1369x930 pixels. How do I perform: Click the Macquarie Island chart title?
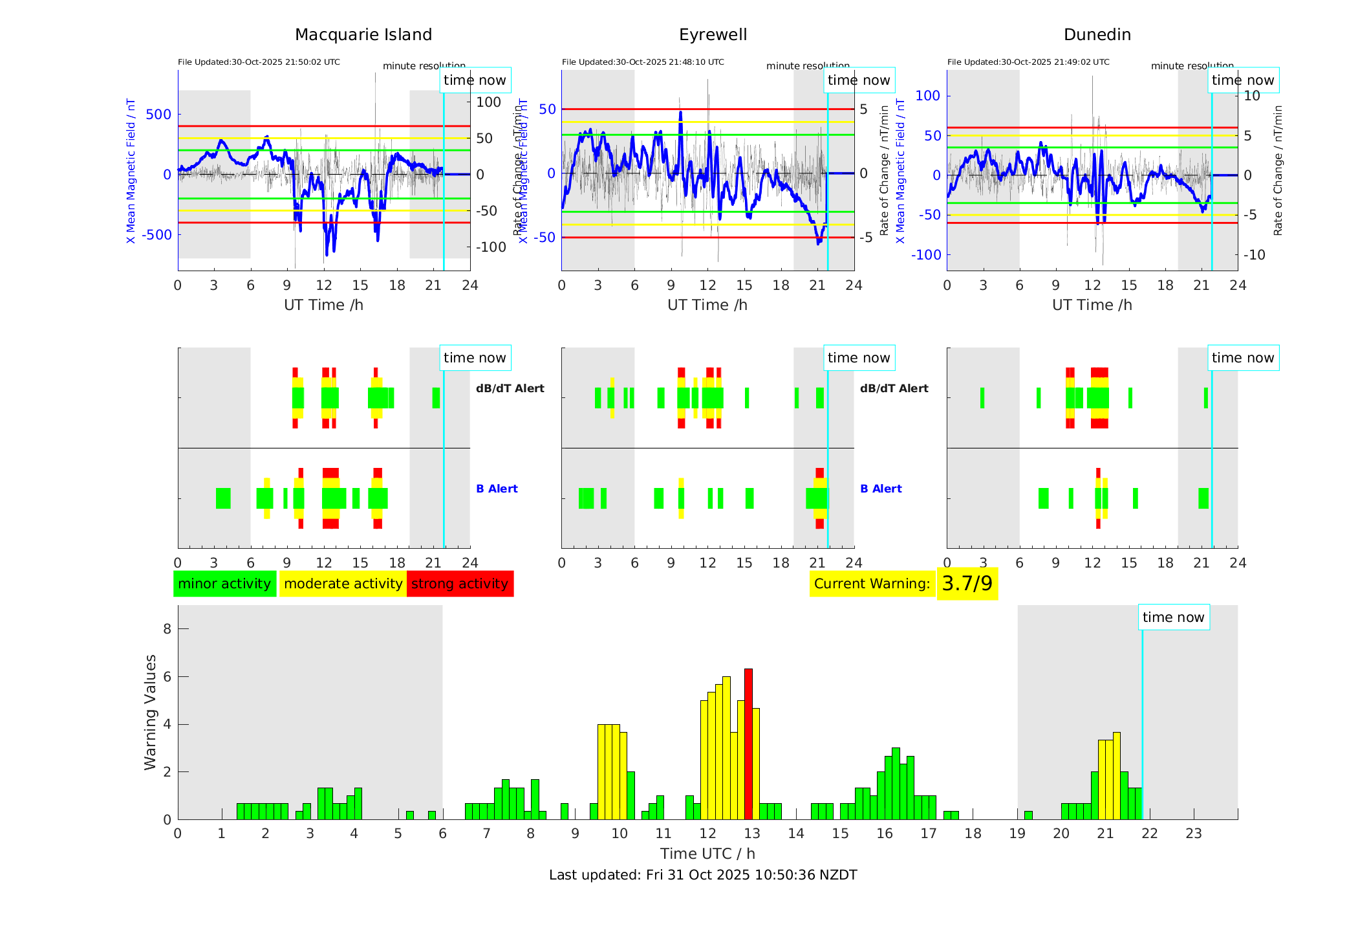coord(363,35)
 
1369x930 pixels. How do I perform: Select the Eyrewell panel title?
coord(713,35)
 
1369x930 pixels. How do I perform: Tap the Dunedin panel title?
coord(1097,35)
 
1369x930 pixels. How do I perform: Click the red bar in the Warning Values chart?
coord(748,744)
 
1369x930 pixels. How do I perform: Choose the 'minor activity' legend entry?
coord(224,584)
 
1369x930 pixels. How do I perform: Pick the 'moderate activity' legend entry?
coord(343,584)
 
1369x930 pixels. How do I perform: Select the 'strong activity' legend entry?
coord(460,584)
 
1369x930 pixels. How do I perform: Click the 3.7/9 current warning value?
coord(967,584)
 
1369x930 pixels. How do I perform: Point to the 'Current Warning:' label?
coord(872,584)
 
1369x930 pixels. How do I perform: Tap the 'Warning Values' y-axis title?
coord(150,712)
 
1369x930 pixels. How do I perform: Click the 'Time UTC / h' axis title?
coord(707,854)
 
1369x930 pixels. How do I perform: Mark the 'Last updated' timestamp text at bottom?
coord(703,875)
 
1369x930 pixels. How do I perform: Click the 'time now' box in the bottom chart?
coord(1173,617)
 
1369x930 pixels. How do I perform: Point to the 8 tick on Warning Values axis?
coord(167,629)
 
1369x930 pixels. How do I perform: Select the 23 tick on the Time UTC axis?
coord(1193,834)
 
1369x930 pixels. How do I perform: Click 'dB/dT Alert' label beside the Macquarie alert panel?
coord(510,388)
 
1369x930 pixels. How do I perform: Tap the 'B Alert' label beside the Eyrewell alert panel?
coord(881,489)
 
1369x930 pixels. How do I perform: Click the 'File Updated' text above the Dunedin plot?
coord(1028,62)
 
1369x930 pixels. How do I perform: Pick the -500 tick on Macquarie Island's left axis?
coord(157,235)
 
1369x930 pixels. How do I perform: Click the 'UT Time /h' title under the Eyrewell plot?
coord(707,305)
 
